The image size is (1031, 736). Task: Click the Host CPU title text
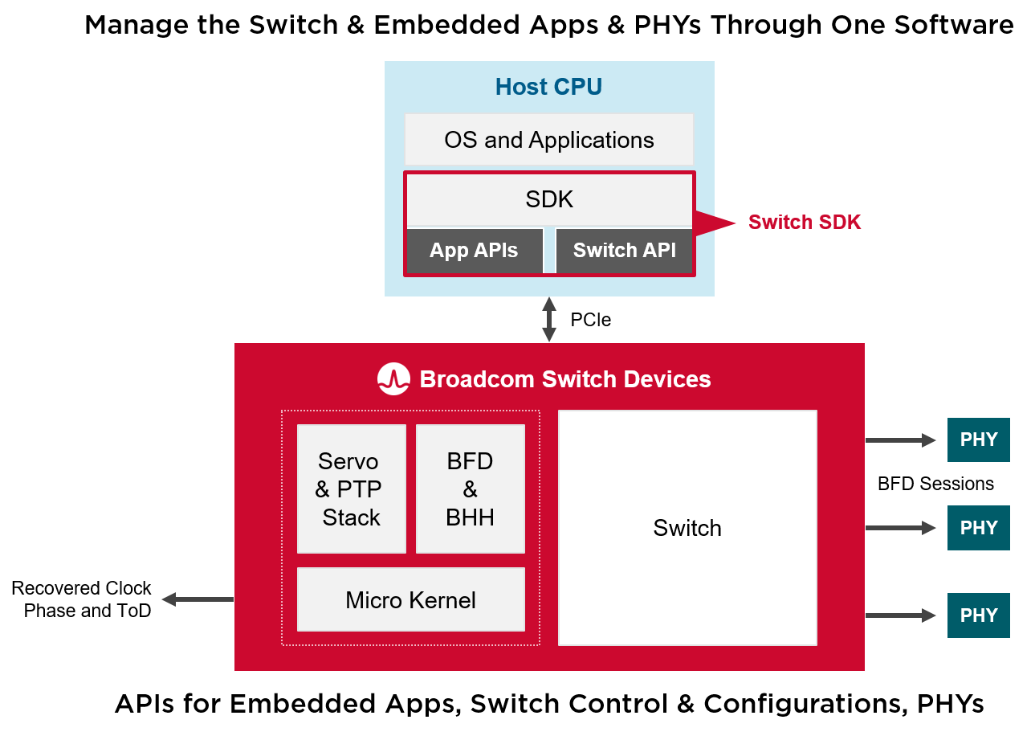pyautogui.click(x=548, y=87)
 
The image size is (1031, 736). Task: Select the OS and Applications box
pyautogui.click(x=548, y=140)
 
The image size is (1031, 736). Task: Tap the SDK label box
pyautogui.click(x=549, y=199)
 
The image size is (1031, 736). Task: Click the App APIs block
pyautogui.click(x=474, y=250)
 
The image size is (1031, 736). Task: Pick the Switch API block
pyautogui.click(x=624, y=250)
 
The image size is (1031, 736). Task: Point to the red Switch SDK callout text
pyautogui.click(x=804, y=222)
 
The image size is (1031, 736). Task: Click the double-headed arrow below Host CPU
pyautogui.click(x=549, y=319)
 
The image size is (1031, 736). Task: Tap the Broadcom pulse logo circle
pyautogui.click(x=393, y=378)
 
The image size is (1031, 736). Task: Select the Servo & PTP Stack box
pyautogui.click(x=351, y=489)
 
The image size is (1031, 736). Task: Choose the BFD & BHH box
pyautogui.click(x=470, y=489)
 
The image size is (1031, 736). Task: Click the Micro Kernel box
pyautogui.click(x=410, y=599)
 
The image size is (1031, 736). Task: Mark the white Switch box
pyautogui.click(x=687, y=528)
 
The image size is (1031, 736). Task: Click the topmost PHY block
pyautogui.click(x=978, y=440)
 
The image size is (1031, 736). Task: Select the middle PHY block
pyautogui.click(x=978, y=536)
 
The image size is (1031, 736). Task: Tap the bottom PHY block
pyautogui.click(x=978, y=619)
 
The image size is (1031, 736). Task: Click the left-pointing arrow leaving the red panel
pyautogui.click(x=197, y=599)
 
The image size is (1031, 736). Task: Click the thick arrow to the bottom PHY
pyautogui.click(x=899, y=627)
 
